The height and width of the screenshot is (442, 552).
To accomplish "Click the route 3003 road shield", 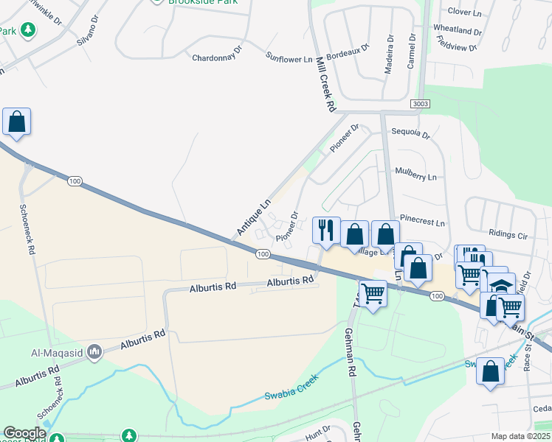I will pos(421,105).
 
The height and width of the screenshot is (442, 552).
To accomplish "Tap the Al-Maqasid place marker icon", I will pos(94,352).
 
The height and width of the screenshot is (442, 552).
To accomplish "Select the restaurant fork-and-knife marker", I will pos(325,230).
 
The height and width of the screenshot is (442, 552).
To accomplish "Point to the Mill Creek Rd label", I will pos(325,84).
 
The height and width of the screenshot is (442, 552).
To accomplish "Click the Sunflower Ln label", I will pos(289,57).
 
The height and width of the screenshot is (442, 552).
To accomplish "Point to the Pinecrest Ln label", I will pos(422,222).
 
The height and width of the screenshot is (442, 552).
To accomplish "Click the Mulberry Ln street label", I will pos(416,177).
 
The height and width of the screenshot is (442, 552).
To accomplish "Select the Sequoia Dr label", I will pos(411,133).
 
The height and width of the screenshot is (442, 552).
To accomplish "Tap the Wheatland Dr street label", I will pos(458,31).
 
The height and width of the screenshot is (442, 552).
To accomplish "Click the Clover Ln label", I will pos(465,12).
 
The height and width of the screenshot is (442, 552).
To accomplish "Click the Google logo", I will pos(24,434).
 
